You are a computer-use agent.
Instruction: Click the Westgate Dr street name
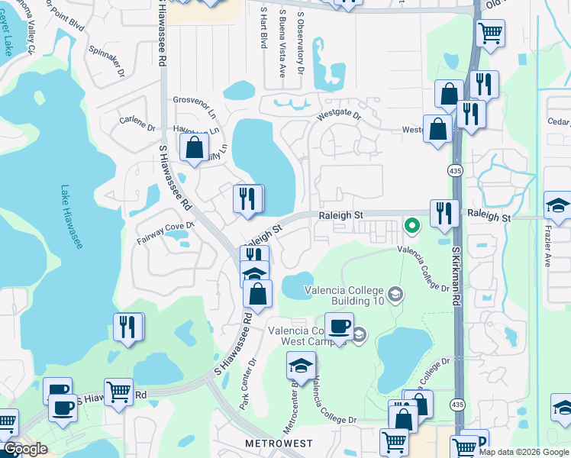tap(339, 116)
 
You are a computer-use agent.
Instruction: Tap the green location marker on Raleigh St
tap(412, 225)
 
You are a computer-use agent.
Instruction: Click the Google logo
tap(25, 449)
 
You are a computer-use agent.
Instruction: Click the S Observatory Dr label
tap(301, 42)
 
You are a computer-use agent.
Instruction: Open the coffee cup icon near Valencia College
tap(339, 326)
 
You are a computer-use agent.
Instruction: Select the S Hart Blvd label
tap(263, 28)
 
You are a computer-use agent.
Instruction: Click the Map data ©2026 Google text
tap(524, 451)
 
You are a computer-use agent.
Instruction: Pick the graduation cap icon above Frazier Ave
tap(558, 205)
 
